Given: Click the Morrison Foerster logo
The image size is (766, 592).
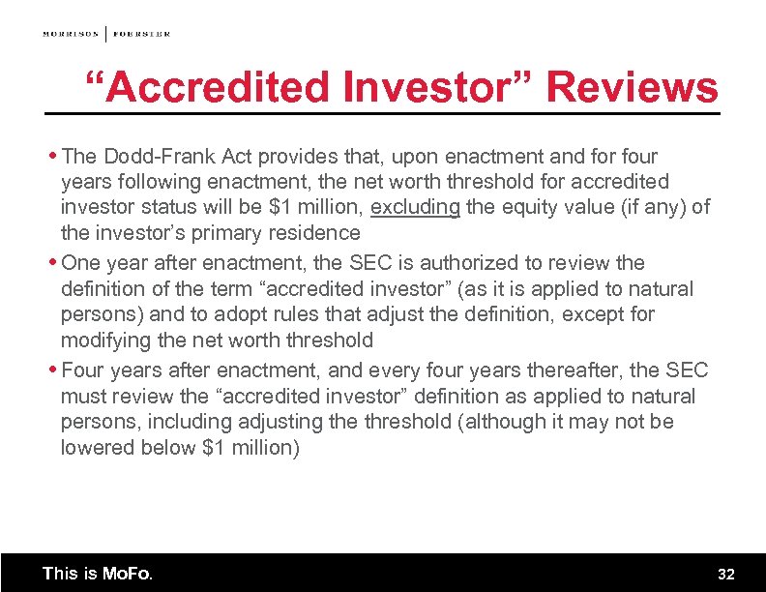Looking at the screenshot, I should click(x=106, y=33).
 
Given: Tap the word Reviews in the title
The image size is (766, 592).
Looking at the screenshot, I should click(x=632, y=88).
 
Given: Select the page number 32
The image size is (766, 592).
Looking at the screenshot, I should click(x=726, y=574).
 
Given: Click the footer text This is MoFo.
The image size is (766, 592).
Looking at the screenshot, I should click(x=98, y=573).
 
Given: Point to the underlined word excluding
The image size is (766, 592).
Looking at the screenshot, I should click(x=416, y=207).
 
